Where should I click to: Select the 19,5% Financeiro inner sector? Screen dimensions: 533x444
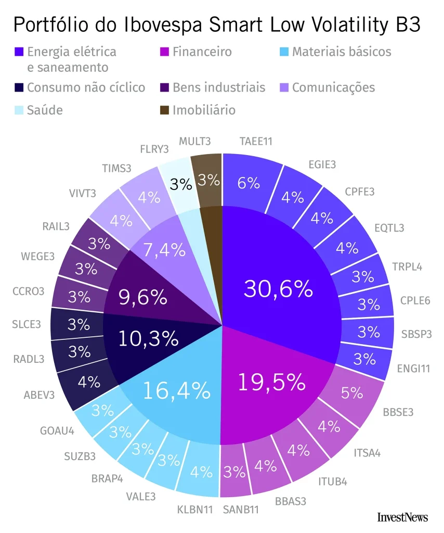[x=271, y=382]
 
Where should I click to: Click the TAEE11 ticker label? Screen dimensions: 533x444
[x=256, y=141]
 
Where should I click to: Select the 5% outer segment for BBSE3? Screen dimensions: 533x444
[x=352, y=392]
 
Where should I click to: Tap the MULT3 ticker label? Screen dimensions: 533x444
[x=194, y=141]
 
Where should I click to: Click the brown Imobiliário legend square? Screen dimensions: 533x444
[x=164, y=110]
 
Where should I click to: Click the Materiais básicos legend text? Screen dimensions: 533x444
[x=341, y=52]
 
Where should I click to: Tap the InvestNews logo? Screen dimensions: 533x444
[x=402, y=516]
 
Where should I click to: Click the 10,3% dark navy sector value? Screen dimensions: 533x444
[x=148, y=339]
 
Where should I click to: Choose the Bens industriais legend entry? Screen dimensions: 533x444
[x=218, y=87]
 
